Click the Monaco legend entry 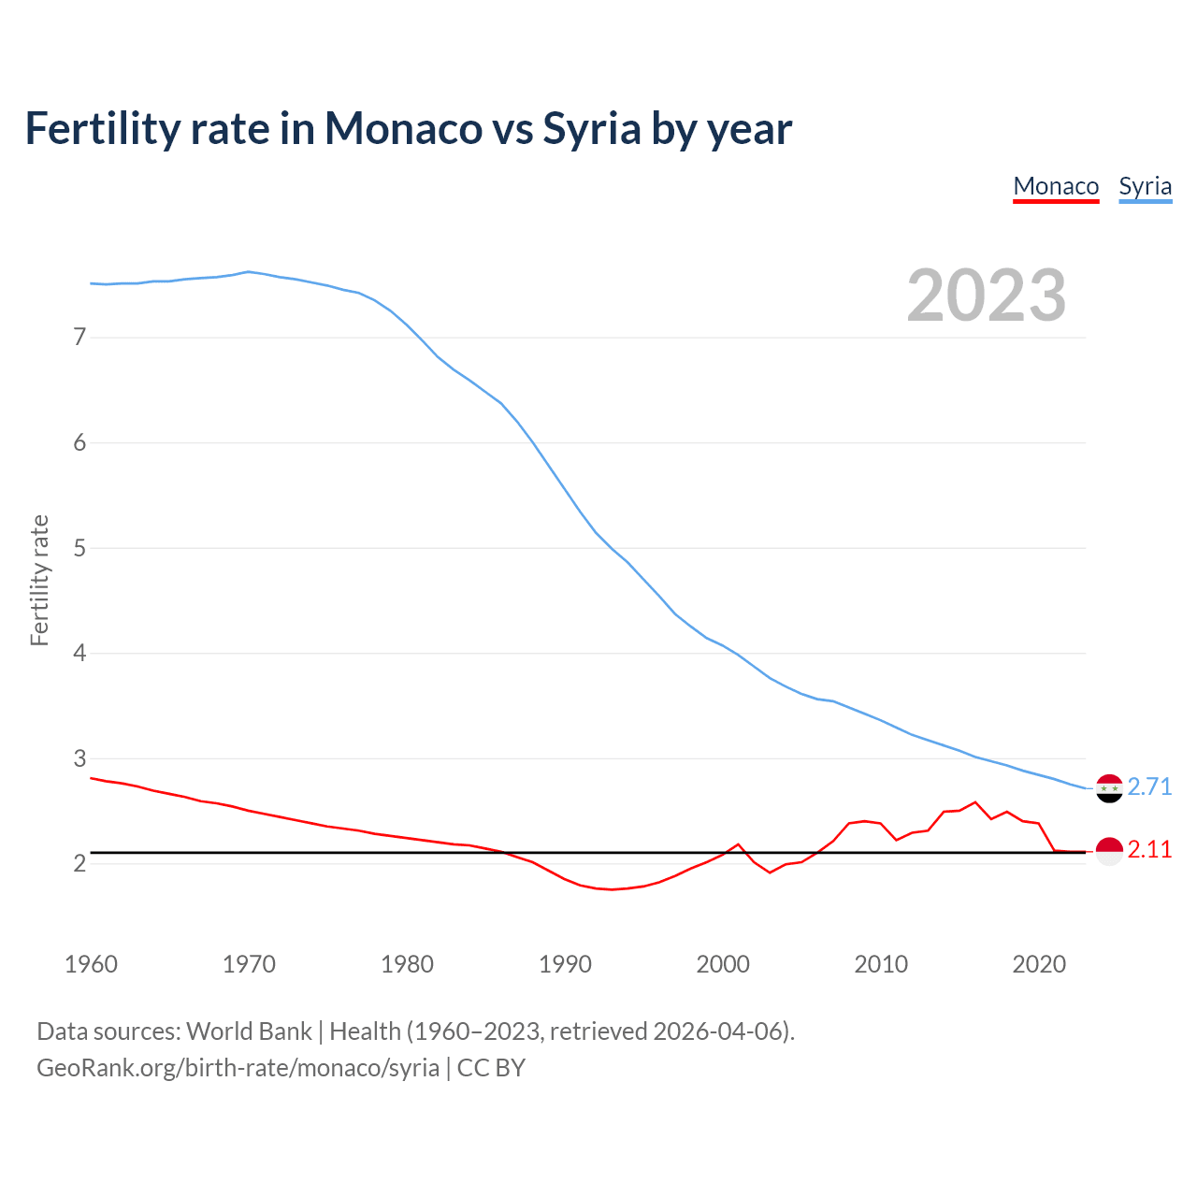coord(1056,186)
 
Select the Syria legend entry coord(1145,186)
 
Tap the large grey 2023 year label coord(986,296)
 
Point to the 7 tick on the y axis coord(79,337)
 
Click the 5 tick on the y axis coord(79,548)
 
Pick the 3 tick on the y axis coord(79,758)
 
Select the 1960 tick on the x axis coord(91,964)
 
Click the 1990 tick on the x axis coord(565,964)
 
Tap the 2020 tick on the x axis coord(1039,964)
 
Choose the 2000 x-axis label coord(723,964)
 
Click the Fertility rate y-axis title coord(39,580)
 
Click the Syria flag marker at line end coord(1109,788)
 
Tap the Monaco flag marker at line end coord(1109,851)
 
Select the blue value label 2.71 coord(1149,786)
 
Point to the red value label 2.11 coord(1149,849)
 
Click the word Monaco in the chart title coord(403,128)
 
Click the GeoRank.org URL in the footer coord(238,1067)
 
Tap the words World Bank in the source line coord(249,1031)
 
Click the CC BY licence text coord(491,1067)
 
